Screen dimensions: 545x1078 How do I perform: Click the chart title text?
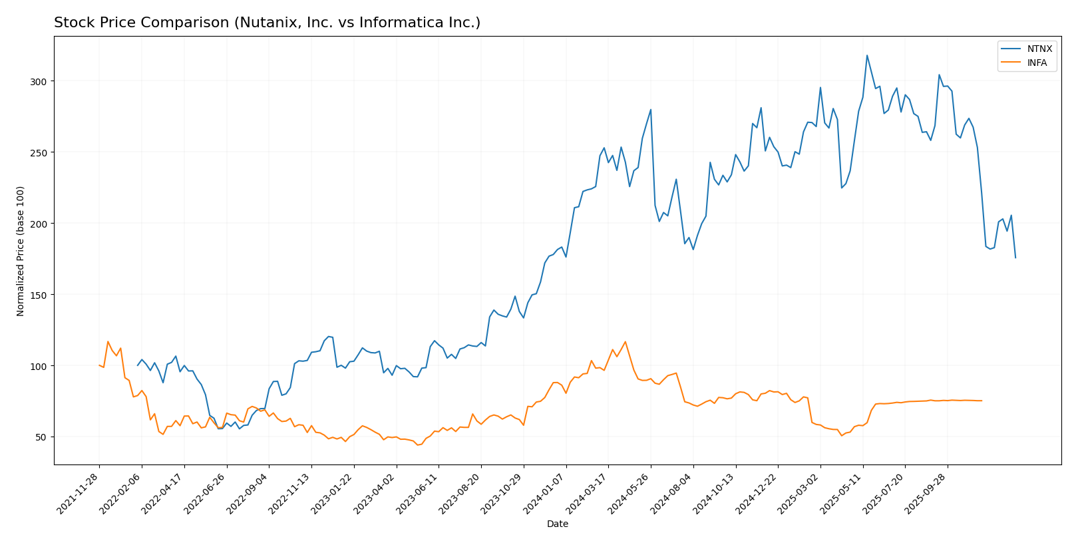(267, 23)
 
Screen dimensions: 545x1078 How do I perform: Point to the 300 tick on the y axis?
(39, 81)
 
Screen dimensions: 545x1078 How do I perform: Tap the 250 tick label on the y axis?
(39, 152)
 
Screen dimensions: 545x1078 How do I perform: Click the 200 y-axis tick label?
(39, 224)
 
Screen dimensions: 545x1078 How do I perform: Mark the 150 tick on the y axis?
(39, 295)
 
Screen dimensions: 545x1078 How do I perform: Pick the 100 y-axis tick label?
(39, 366)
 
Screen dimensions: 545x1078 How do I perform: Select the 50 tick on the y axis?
(42, 437)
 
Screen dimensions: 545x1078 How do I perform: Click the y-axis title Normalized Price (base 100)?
(21, 251)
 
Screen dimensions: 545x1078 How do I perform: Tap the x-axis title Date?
(558, 524)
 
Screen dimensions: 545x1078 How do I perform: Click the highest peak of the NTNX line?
(866, 55)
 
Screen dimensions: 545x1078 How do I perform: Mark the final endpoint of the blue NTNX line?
(1015, 258)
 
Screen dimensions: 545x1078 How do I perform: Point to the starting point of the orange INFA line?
(99, 365)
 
